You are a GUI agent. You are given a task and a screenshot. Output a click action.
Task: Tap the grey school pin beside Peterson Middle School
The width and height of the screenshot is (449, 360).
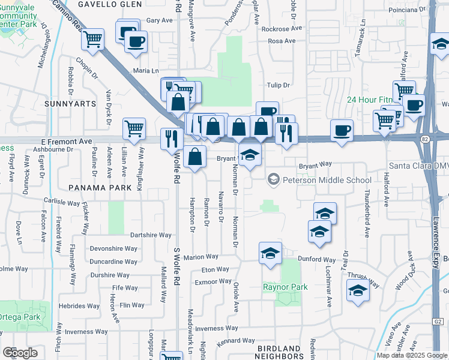click(x=274, y=179)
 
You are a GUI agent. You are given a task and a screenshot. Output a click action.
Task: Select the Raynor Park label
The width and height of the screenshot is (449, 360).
click(x=285, y=287)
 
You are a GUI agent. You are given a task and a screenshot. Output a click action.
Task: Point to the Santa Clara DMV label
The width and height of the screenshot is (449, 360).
click(x=419, y=165)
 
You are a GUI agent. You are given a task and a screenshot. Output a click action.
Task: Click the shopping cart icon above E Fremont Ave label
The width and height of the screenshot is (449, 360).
click(x=134, y=127)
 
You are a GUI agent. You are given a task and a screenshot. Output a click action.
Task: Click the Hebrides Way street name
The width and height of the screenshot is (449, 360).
click(x=79, y=305)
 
